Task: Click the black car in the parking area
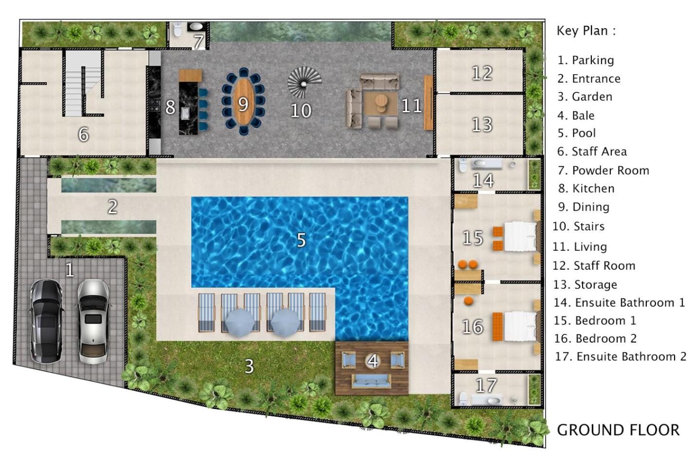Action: point(46,321)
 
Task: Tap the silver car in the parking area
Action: point(93,321)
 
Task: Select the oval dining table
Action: point(244,102)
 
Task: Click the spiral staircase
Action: point(304,82)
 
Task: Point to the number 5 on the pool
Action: point(302,240)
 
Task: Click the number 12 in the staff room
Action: point(482,73)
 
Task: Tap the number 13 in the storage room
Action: point(482,124)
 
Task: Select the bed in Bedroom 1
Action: point(521,237)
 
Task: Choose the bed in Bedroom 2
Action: point(521,327)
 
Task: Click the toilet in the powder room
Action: point(178,29)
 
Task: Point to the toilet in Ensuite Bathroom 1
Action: point(463,165)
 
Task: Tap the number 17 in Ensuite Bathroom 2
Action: point(486,385)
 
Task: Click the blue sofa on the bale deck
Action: point(371,380)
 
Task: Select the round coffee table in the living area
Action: point(381,101)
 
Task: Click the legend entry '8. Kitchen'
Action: point(586,189)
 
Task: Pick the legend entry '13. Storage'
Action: point(585,284)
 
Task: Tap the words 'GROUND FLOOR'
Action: point(618,430)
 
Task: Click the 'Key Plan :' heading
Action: point(586,31)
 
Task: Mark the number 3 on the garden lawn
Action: point(249,366)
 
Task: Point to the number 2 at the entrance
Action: point(113,207)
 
